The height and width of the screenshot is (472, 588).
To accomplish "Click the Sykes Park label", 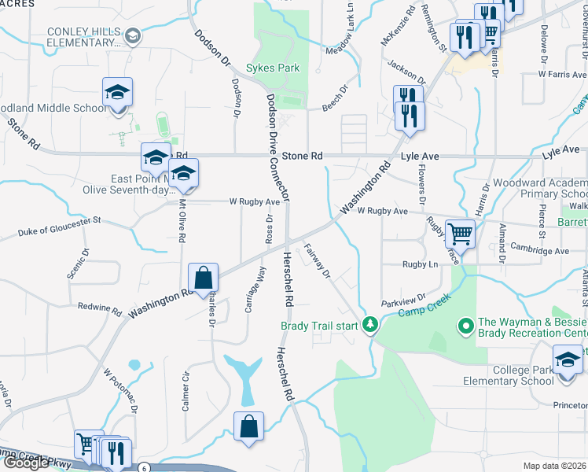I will [273, 68].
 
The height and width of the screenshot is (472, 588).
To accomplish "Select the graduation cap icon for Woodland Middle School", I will [117, 93].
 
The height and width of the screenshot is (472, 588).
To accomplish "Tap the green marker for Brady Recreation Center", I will [465, 324].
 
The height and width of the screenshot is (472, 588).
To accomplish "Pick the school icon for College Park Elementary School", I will [568, 362].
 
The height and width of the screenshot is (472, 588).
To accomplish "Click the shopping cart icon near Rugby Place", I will [460, 234].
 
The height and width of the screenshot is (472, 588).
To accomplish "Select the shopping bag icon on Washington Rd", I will [203, 278].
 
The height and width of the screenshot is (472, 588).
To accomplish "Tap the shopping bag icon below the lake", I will [248, 427].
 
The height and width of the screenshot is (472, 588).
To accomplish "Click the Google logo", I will [25, 463].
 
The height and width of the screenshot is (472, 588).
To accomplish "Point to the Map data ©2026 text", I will [554, 466].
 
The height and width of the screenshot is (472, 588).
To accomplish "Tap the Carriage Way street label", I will [252, 289].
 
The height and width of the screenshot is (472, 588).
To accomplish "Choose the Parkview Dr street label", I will [402, 299].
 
